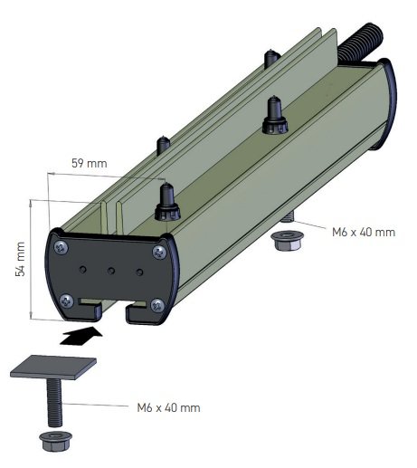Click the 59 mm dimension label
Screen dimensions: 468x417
(89, 164)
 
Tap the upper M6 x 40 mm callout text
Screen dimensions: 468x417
(362, 233)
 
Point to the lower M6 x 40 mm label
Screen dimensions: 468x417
(168, 408)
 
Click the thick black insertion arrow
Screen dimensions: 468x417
(81, 338)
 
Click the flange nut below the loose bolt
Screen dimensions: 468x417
(52, 441)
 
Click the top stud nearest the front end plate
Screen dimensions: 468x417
(166, 202)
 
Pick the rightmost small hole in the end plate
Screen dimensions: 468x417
(139, 271)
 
